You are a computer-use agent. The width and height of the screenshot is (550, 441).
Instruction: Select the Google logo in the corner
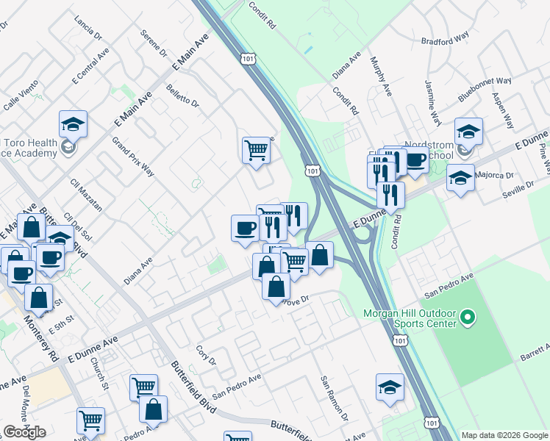click(24, 432)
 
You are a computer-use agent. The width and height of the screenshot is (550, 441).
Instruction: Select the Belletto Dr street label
click(183, 95)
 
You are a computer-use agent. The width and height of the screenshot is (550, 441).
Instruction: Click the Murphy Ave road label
click(381, 76)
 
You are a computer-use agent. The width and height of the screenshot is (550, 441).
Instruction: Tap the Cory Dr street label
click(207, 356)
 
